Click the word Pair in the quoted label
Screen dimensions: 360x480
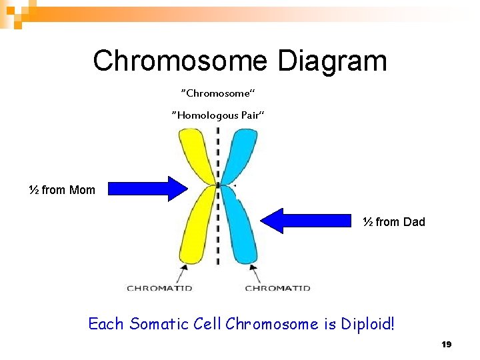[250, 115]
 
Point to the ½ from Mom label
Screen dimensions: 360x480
[62, 190]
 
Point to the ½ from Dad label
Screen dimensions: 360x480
[393, 222]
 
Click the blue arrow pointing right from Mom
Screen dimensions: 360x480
[148, 189]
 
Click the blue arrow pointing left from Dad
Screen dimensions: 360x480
[307, 221]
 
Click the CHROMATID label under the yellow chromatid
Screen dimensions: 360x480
[159, 288]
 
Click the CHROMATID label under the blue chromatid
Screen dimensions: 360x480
[277, 288]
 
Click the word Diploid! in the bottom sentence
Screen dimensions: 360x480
[368, 325]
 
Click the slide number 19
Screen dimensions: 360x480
[447, 345]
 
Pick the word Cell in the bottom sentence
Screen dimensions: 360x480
[207, 325]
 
